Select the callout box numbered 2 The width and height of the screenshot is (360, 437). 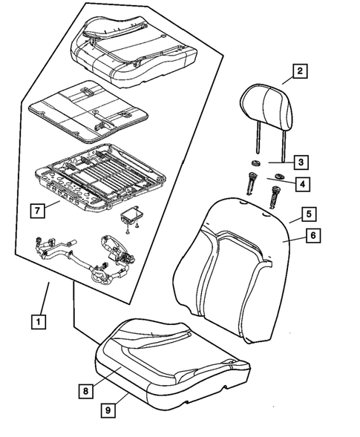pyautogui.click(x=300, y=72)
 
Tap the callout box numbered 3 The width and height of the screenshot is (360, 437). pyautogui.click(x=300, y=162)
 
